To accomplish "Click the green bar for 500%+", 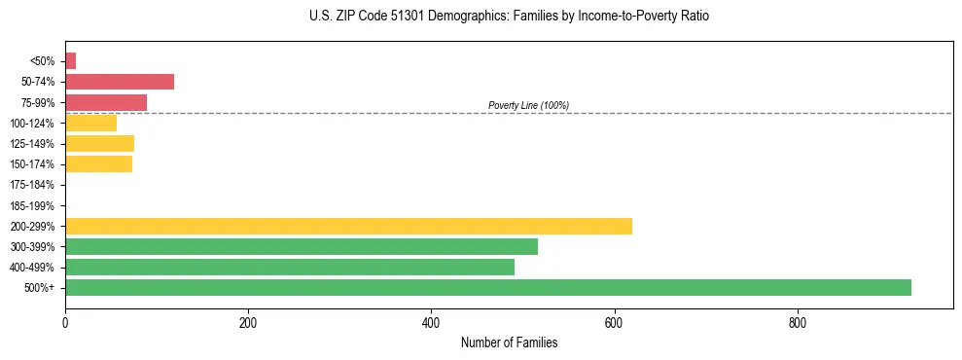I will click(487, 287).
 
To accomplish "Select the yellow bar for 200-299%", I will click(348, 226).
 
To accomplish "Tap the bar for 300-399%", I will click(301, 246).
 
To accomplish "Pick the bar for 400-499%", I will click(289, 267).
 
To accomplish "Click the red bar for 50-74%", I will click(119, 82).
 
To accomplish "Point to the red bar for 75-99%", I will click(105, 102).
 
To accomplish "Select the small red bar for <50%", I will click(70, 61).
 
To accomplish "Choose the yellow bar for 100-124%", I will click(90, 123).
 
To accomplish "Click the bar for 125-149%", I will click(99, 143).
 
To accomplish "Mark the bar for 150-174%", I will click(98, 163).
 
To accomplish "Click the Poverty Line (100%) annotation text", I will click(528, 105).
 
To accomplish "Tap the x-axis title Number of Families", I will click(509, 343).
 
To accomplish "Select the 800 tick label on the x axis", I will click(797, 323).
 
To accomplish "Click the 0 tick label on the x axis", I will click(65, 323).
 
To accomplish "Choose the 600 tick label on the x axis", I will click(614, 323).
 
